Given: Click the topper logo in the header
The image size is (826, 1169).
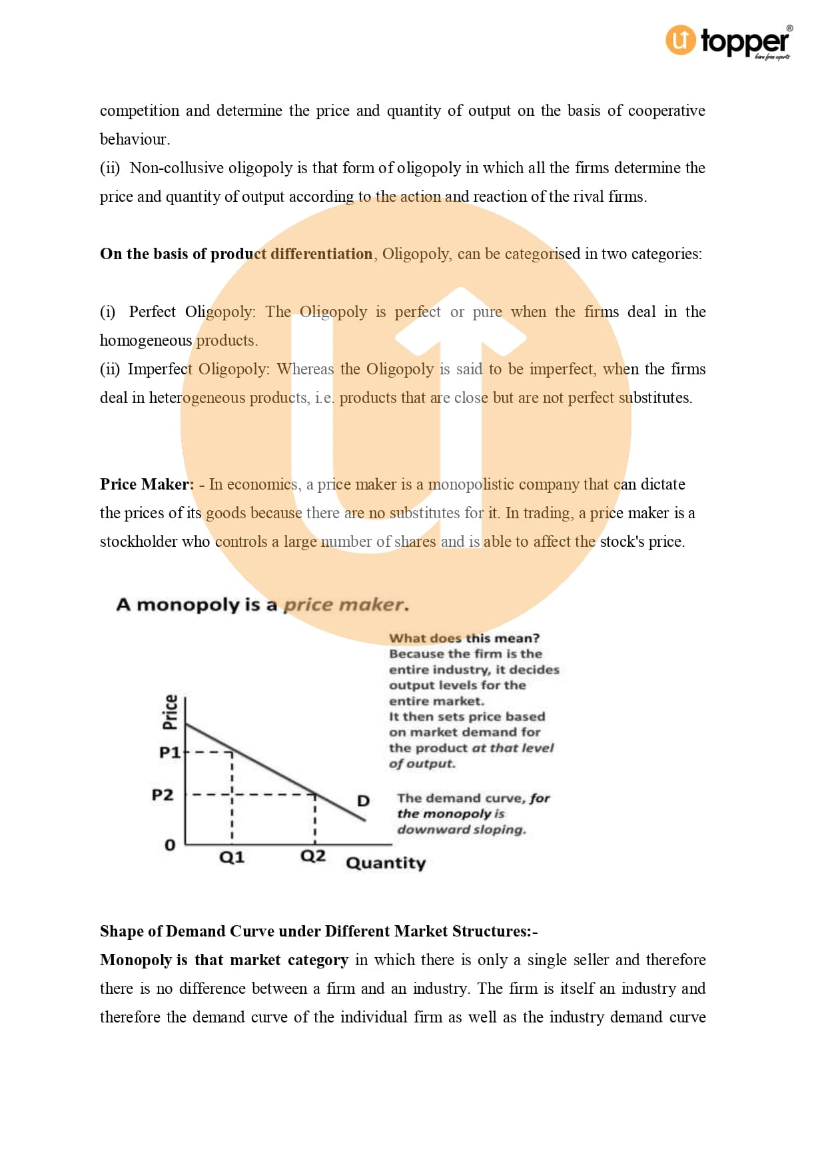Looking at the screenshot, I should pyautogui.click(x=729, y=41).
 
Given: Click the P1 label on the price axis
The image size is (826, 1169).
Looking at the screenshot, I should pyautogui.click(x=169, y=753).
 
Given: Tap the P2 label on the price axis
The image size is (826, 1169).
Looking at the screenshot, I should pyautogui.click(x=163, y=795).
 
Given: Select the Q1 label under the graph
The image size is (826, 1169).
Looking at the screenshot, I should pyautogui.click(x=232, y=857).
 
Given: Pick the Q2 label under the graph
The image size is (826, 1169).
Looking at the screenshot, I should pyautogui.click(x=313, y=856).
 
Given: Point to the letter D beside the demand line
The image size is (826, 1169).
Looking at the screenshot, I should pyautogui.click(x=363, y=801).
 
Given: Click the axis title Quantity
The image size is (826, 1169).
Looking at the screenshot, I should pyautogui.click(x=386, y=863).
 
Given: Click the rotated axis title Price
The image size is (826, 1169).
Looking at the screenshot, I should pyautogui.click(x=171, y=711).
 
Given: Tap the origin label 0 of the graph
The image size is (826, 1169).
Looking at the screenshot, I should pyautogui.click(x=170, y=845).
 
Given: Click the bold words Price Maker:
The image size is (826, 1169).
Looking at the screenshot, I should pyautogui.click(x=147, y=484).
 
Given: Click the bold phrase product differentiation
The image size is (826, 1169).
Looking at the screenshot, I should pyautogui.click(x=291, y=254).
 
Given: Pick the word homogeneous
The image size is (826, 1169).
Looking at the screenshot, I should pyautogui.click(x=146, y=340).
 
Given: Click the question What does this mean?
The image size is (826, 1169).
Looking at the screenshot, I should pyautogui.click(x=464, y=638).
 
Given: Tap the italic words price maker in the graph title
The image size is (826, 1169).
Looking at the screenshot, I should pyautogui.click(x=345, y=605).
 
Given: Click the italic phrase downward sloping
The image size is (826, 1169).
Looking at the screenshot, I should pyautogui.click(x=461, y=830).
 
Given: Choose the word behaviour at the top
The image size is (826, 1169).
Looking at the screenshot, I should pyautogui.click(x=134, y=139).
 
